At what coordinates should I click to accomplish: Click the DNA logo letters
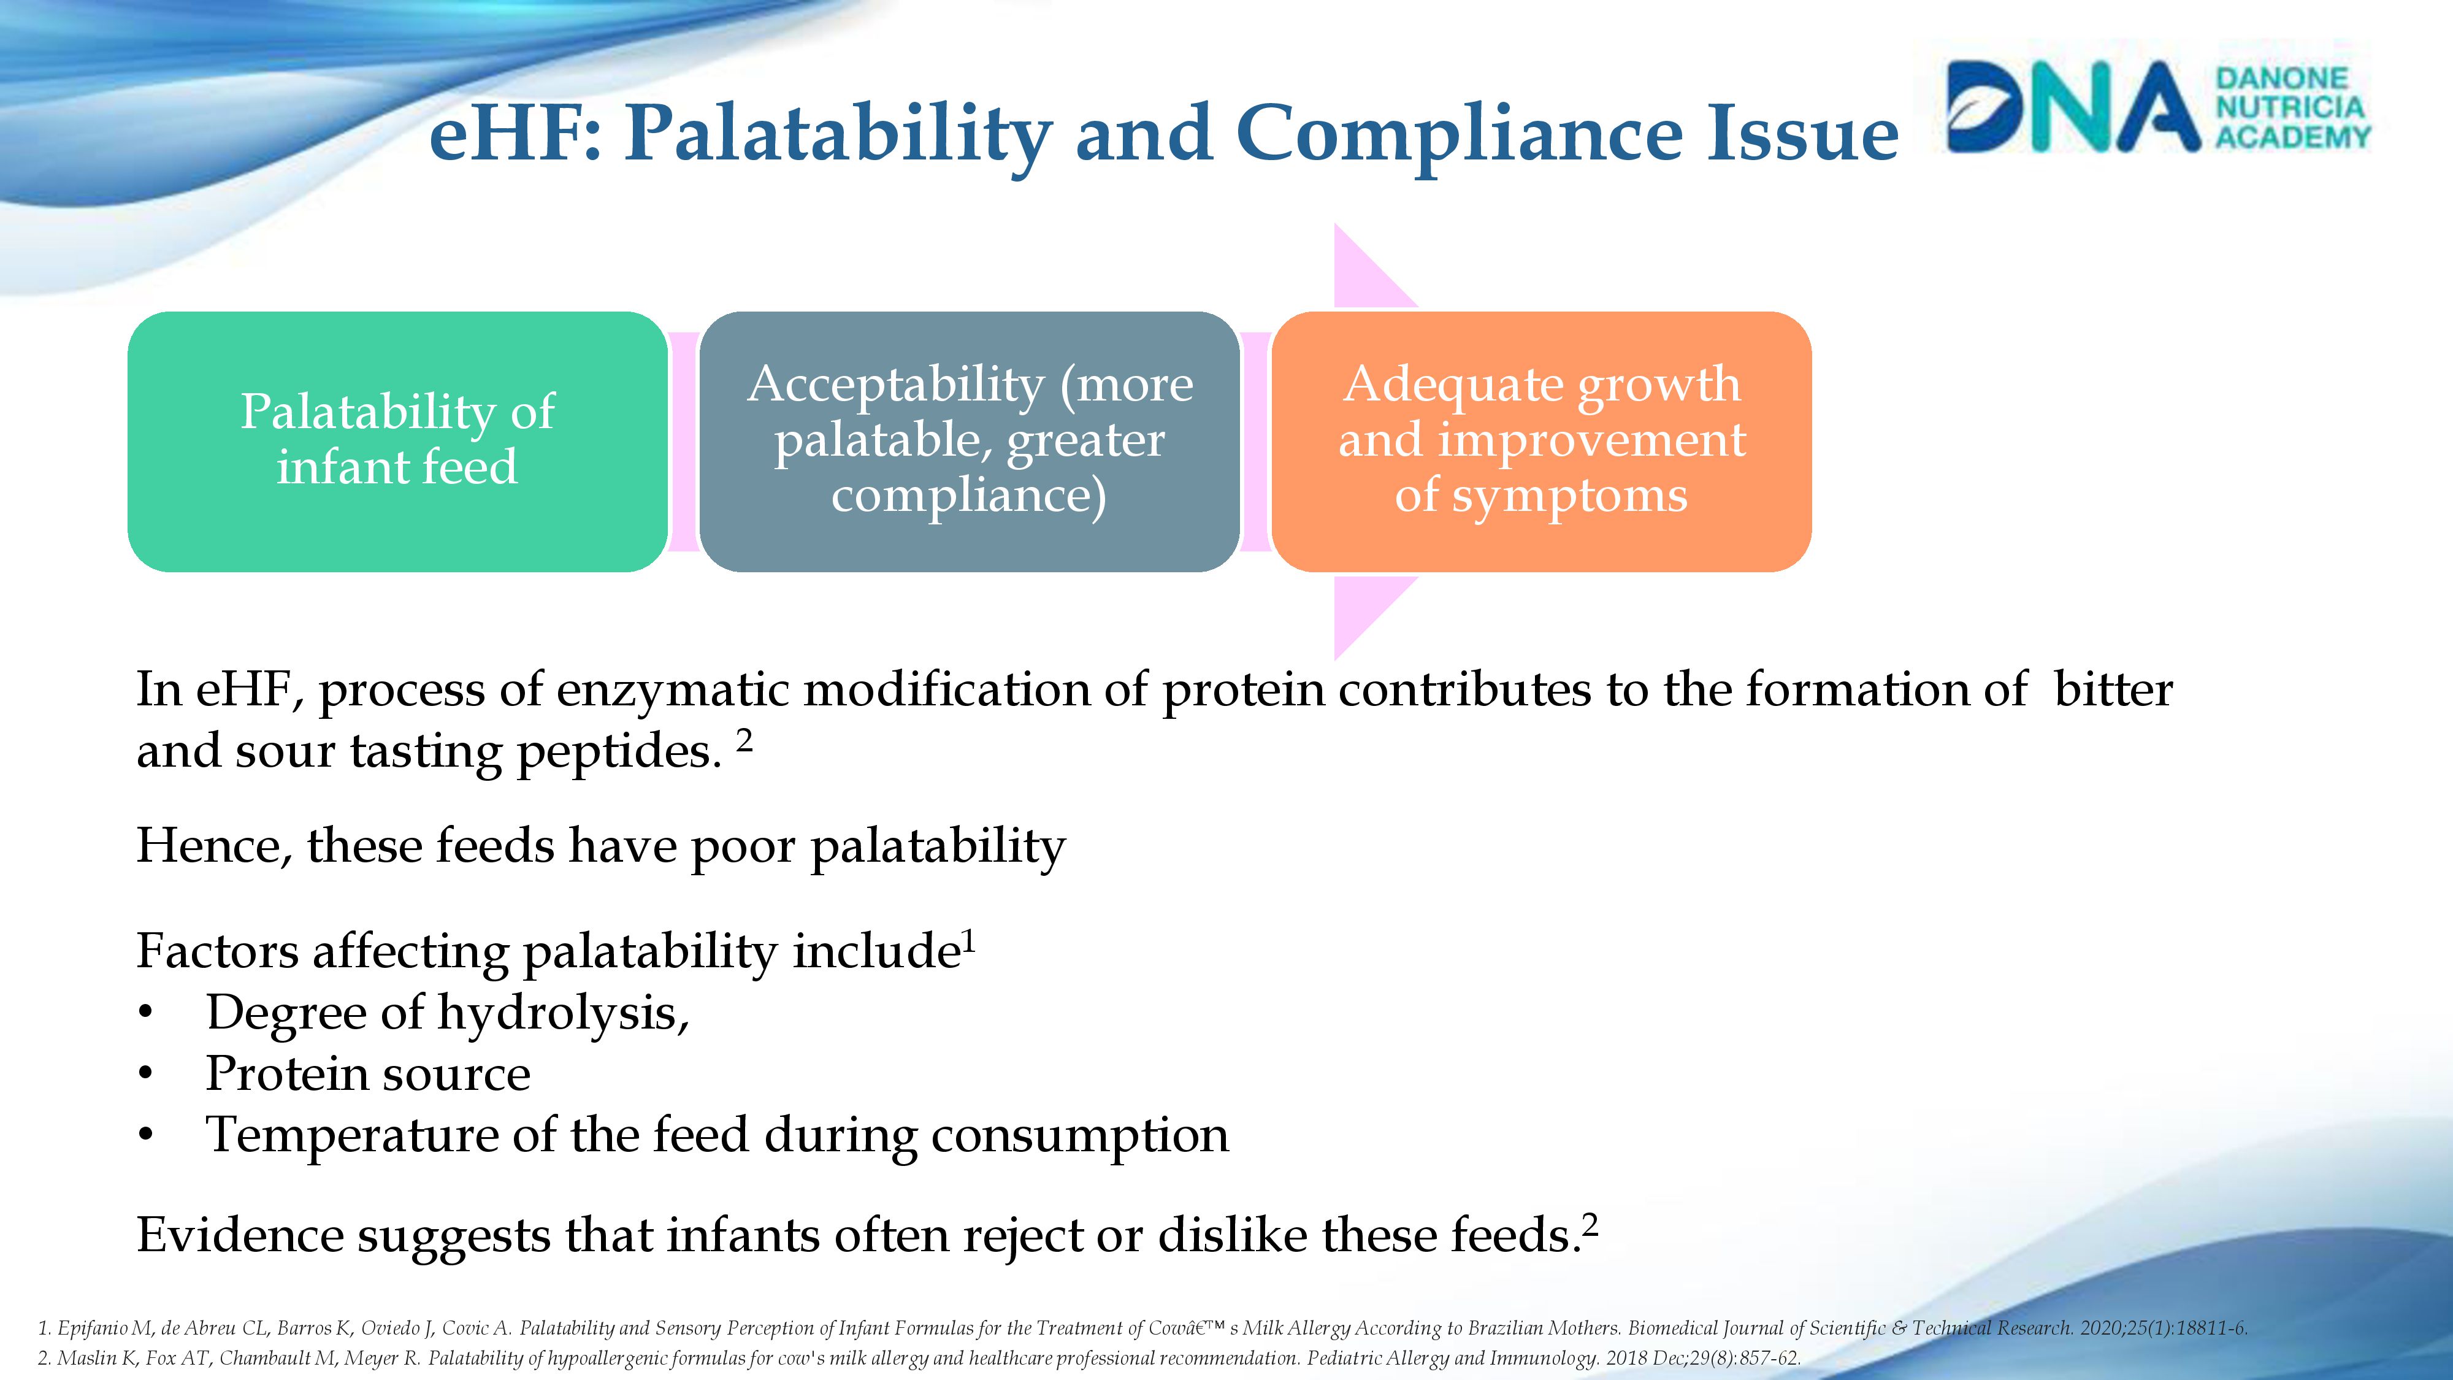[2071, 107]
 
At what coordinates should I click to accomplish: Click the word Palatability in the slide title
[838, 133]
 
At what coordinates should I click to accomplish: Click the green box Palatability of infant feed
[397, 441]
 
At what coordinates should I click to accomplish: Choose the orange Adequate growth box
[1540, 441]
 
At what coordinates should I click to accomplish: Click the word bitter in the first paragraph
[2113, 689]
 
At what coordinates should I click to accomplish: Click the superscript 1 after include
[970, 941]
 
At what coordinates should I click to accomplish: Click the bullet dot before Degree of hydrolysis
[145, 1013]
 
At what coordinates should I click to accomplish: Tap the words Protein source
[367, 1073]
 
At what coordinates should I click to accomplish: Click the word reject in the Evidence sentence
[1022, 1235]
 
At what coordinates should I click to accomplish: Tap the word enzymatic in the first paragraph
[672, 689]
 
